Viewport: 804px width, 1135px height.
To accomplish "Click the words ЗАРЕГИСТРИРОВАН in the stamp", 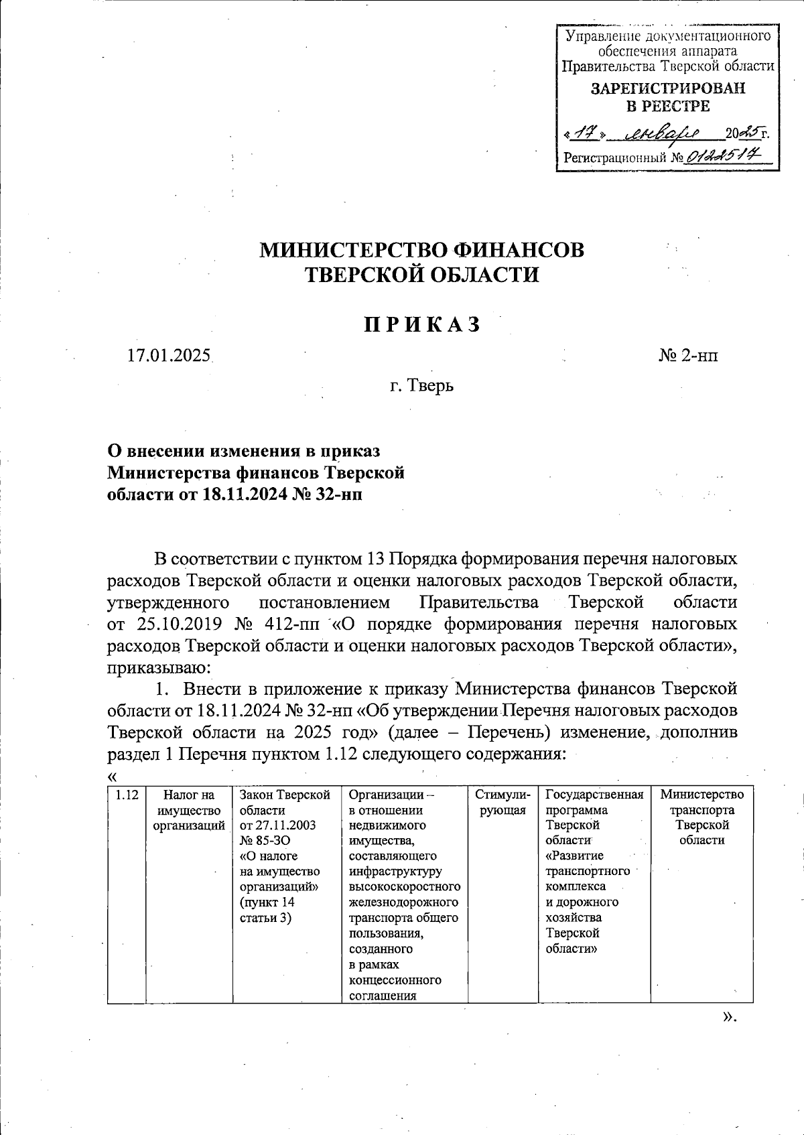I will tap(667, 88).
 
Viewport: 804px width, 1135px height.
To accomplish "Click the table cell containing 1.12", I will tap(127, 795).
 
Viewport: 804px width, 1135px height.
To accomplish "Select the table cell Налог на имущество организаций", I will tap(189, 810).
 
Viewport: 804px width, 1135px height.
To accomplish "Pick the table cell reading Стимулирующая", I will tap(503, 803).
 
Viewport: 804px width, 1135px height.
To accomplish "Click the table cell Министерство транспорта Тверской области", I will tap(701, 817).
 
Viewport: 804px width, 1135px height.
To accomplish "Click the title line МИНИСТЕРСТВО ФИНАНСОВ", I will tap(422, 250).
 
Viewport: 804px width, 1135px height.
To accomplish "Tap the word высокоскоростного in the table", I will tap(404, 887).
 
